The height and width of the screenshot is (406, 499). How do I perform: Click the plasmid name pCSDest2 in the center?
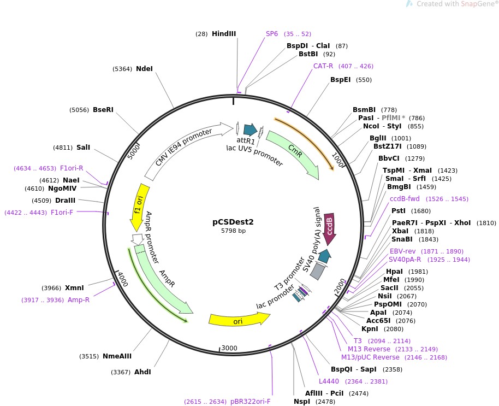pos(233,222)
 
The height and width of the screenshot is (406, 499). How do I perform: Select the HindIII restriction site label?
pos(224,34)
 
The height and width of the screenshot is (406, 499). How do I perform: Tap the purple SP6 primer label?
pos(272,34)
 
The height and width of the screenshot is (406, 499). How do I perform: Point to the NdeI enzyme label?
pos(144,69)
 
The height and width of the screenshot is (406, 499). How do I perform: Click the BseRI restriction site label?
pos(103,110)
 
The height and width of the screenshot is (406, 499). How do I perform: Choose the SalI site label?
pos(84,148)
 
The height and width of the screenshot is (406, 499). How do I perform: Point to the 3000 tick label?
pos(229,348)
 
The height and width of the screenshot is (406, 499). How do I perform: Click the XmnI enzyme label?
pos(74,288)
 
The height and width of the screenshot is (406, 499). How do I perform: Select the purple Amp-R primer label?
pos(79,300)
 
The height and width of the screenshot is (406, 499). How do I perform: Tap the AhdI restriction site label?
pos(142,372)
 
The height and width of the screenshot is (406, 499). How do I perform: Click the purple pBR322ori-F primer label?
pos(250,402)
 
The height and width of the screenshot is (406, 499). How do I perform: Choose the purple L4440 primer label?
pos(329,381)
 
